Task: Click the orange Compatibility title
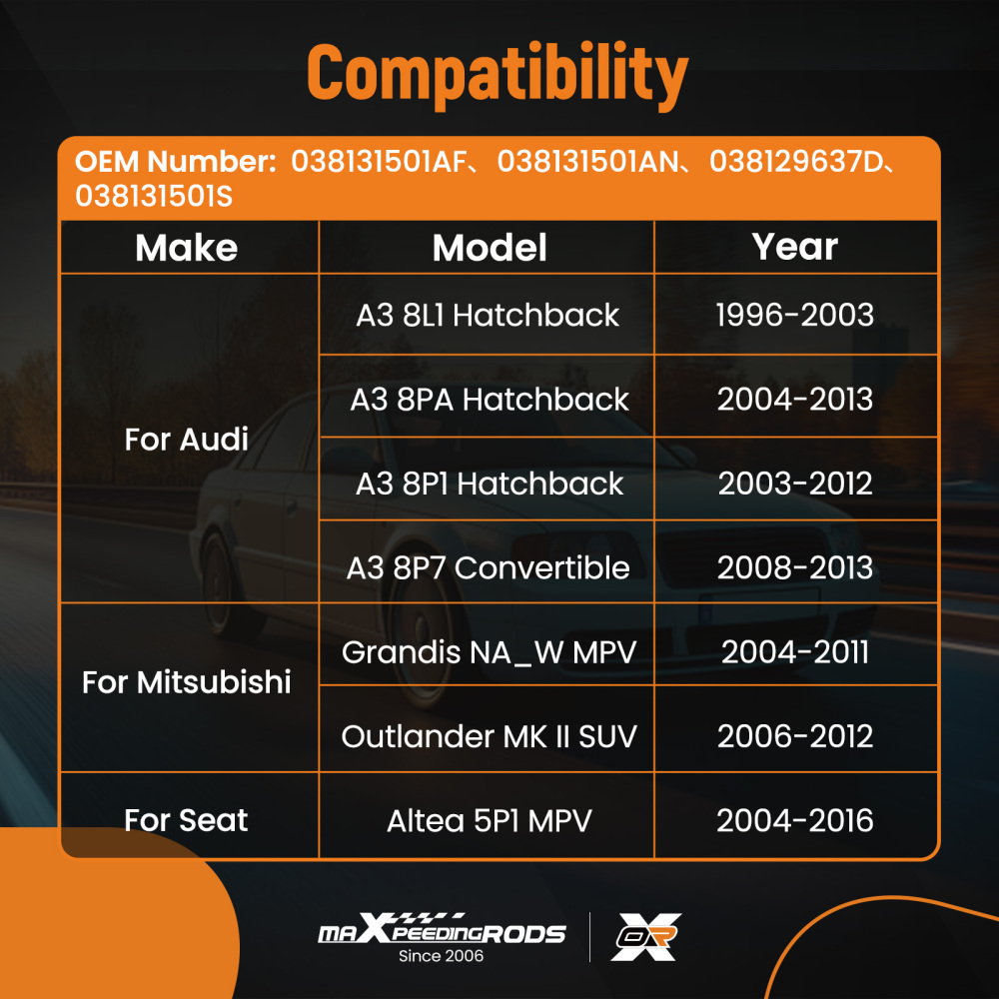[498, 75]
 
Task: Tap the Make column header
[187, 247]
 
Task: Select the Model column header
[490, 247]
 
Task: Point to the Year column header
[794, 247]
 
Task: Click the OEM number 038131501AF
[379, 161]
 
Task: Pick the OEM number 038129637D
[796, 161]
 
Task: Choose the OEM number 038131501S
[154, 196]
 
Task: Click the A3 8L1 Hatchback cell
[488, 315]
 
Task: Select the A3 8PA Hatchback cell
[490, 400]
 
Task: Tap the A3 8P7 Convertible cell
[489, 567]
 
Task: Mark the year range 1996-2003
[794, 315]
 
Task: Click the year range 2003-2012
[795, 484]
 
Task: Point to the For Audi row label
[186, 439]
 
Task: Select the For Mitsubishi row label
[187, 681]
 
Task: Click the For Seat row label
[186, 820]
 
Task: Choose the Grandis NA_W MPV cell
[490, 652]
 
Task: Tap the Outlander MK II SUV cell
[490, 736]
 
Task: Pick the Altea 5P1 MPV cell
[490, 820]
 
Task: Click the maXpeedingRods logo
[442, 929]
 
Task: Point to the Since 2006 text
[441, 956]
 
